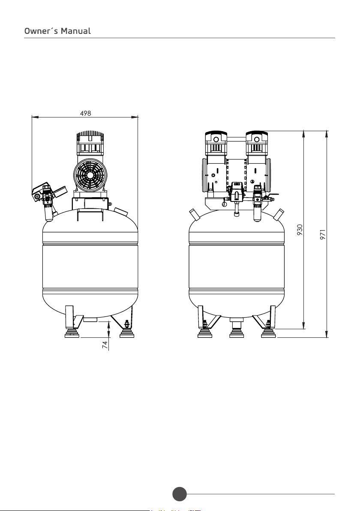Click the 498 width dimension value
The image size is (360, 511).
[x=85, y=113]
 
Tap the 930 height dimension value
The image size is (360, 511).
[x=300, y=229]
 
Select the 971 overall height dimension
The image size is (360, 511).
[x=323, y=234]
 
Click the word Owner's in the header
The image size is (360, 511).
[x=41, y=31]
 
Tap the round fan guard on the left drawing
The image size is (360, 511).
[x=90, y=175]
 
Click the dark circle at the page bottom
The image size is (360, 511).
[x=180, y=494]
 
